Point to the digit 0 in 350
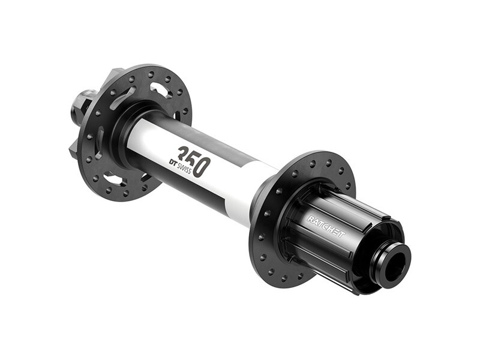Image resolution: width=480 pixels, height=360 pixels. (203, 164)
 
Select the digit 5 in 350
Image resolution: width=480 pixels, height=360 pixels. (193, 158)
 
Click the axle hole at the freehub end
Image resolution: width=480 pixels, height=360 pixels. (395, 262)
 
